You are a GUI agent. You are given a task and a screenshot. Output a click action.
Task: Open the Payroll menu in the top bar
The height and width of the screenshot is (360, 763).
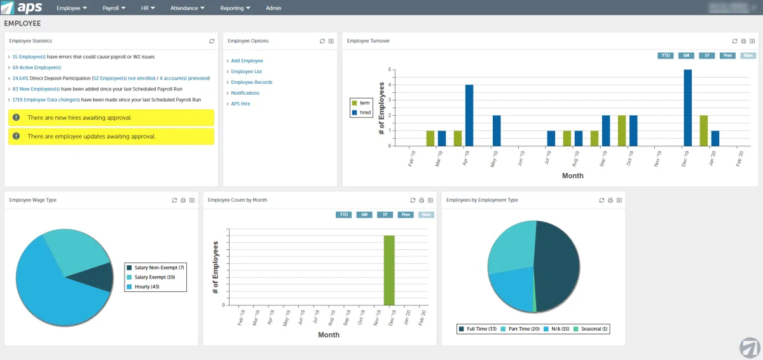[x=113, y=8]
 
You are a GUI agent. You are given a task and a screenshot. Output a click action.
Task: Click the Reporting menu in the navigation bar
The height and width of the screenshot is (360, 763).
[x=235, y=8]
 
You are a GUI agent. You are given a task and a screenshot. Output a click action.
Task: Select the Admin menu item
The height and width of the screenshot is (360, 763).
[x=273, y=8]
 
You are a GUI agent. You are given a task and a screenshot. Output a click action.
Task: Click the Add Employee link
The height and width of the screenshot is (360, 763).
[x=247, y=61]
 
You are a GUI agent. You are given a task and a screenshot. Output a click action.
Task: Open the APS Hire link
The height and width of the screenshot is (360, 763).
[x=240, y=104]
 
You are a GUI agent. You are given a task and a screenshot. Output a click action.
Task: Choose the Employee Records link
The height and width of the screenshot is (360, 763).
[x=252, y=82]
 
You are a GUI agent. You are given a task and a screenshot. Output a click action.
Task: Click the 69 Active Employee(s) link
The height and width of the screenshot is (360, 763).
[x=37, y=67]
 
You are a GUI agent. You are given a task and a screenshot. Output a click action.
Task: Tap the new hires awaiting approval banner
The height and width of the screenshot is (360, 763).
[x=111, y=118]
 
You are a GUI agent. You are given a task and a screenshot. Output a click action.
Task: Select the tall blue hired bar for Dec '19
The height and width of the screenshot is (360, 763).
[x=687, y=107]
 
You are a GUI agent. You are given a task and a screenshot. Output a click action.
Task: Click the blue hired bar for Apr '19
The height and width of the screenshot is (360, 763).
[x=469, y=115]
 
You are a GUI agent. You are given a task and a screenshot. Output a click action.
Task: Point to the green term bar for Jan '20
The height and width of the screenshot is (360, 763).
[x=703, y=130]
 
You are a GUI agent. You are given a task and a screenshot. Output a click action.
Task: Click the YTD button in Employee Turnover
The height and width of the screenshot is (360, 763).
[x=666, y=55]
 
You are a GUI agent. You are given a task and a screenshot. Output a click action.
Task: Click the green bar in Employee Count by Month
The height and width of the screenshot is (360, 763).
[x=388, y=270]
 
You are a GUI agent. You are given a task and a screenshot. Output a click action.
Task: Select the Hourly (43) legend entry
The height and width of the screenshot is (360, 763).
[x=146, y=287]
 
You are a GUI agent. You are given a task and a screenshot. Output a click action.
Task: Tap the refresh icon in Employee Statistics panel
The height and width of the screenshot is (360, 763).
[x=212, y=41]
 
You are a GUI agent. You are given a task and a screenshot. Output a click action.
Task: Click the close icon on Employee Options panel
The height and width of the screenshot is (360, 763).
[x=331, y=41]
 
